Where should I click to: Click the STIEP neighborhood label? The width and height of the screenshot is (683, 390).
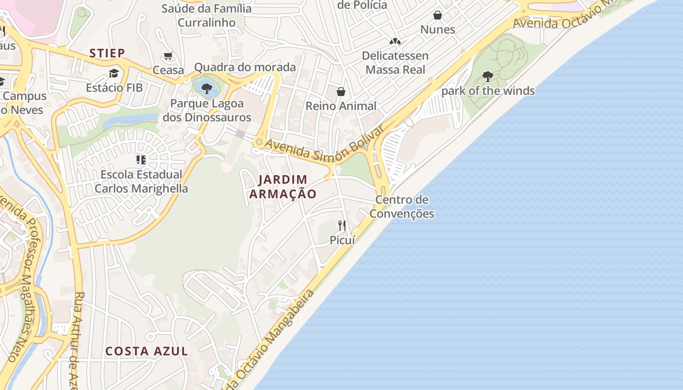click(107, 53)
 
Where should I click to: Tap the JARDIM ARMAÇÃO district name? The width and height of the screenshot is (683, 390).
click(282, 187)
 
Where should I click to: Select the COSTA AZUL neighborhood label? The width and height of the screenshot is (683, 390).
click(147, 351)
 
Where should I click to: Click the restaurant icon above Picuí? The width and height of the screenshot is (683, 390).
click(342, 225)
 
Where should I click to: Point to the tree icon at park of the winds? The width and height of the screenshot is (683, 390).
click(487, 77)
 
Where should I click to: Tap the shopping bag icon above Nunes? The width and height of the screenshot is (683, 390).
click(438, 15)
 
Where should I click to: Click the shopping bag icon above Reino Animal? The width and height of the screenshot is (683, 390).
click(341, 92)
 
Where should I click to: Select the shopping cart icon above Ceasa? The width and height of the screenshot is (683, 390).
click(168, 56)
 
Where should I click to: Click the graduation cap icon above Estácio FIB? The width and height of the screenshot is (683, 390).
click(114, 74)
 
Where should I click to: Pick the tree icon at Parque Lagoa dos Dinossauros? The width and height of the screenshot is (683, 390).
click(207, 88)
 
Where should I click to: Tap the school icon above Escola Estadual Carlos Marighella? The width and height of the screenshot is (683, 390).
click(141, 160)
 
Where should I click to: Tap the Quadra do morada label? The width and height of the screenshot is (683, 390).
click(245, 67)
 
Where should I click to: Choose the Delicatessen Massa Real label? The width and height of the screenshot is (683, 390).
click(395, 62)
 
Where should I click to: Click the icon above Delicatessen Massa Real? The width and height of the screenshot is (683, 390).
click(395, 41)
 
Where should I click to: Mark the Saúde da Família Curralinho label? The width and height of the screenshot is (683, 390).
click(207, 15)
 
